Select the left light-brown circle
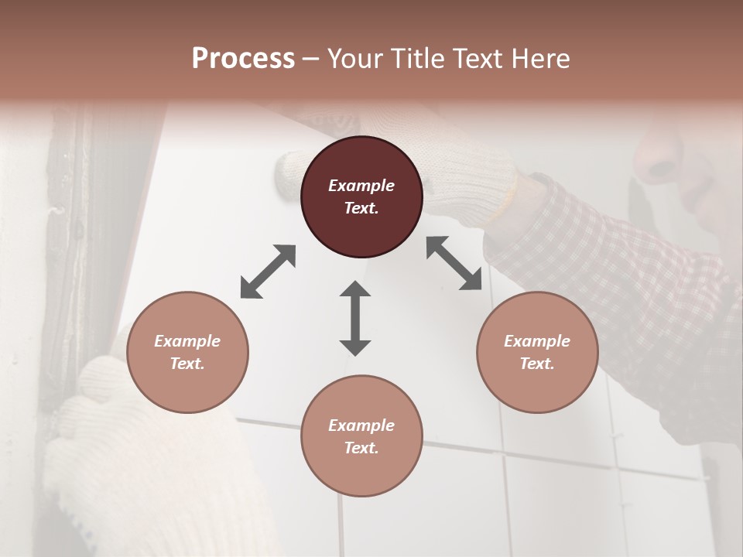[187, 352]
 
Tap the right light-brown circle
[537, 352]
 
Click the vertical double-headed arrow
[355, 318]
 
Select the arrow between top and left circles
[268, 271]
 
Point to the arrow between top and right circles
[454, 263]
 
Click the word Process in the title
[243, 58]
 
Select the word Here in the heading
[541, 58]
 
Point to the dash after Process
[310, 59]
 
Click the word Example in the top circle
[361, 186]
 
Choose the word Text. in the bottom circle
[361, 448]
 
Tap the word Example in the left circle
[187, 341]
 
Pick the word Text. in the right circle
[537, 364]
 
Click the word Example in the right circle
[537, 341]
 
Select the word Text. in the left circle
[187, 364]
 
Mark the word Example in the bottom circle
[361, 425]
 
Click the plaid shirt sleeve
[619, 278]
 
